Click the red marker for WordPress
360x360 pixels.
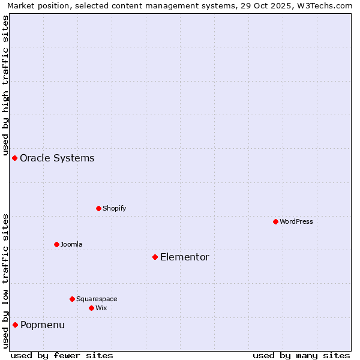tap(275, 221)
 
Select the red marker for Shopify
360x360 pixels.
tap(98, 208)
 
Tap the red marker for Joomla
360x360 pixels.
tap(56, 244)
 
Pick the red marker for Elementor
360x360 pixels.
tap(155, 257)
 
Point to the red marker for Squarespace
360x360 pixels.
tap(72, 299)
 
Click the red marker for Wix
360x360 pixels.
tap(91, 308)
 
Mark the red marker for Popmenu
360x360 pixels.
tap(15, 325)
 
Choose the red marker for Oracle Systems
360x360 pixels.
tap(15, 158)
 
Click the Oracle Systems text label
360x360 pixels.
tap(57, 158)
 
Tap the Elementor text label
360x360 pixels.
tap(185, 257)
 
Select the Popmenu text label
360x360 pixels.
tap(43, 325)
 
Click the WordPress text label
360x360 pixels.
tap(296, 221)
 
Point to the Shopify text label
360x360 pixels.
tap(115, 208)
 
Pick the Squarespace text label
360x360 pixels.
tap(97, 299)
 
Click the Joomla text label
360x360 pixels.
tap(71, 244)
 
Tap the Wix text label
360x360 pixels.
tap(101, 308)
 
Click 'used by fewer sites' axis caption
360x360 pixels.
tap(62, 355)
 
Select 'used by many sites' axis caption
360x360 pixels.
tap(301, 355)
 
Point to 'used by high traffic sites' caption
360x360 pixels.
tap(5, 84)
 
